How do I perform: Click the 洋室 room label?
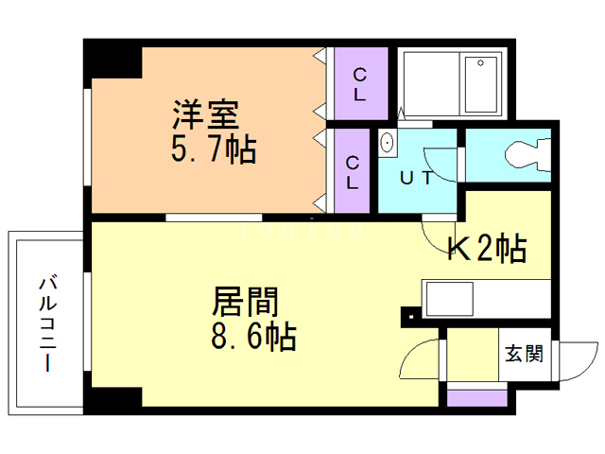[x=204, y=114]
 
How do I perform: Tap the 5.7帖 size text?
[x=214, y=148]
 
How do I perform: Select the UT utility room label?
[x=416, y=178]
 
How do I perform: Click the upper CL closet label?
[x=360, y=84]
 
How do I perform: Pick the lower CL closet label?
[x=352, y=172]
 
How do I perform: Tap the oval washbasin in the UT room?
[x=387, y=144]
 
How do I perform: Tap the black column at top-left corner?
[x=112, y=59]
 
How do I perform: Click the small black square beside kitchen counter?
[x=408, y=315]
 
